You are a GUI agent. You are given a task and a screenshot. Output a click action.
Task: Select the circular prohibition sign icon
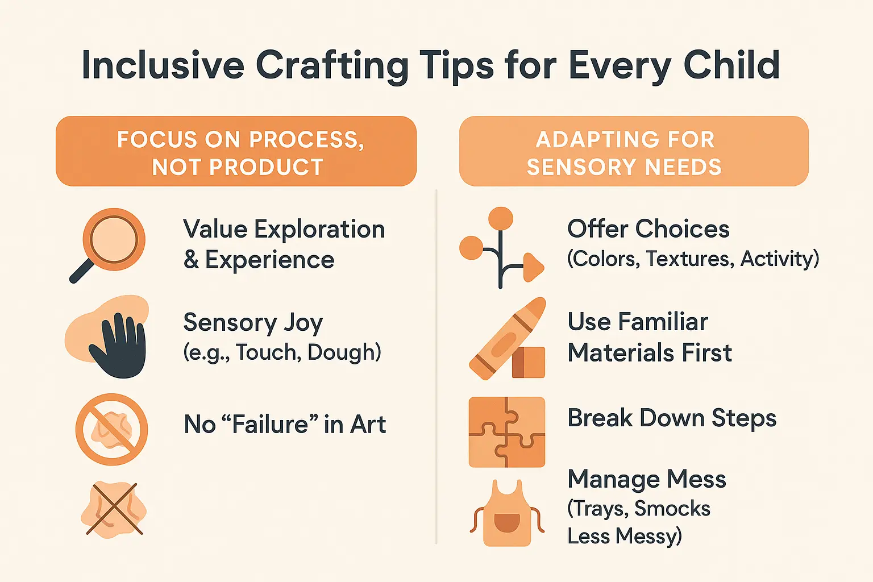[112, 430]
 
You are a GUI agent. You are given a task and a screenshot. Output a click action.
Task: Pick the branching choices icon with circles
[500, 248]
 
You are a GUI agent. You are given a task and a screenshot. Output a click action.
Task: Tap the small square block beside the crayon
[529, 363]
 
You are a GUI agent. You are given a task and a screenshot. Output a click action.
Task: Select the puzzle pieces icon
[507, 432]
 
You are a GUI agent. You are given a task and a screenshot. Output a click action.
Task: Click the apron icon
[507, 514]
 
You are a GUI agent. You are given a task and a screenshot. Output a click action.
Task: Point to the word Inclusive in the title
[163, 65]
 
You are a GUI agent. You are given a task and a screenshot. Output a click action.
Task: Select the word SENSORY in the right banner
[571, 167]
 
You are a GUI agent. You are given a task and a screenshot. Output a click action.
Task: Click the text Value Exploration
[284, 230]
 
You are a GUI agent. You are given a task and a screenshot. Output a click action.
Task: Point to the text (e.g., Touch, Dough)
[282, 352]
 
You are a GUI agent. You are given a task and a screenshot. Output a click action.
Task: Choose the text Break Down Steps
[672, 418]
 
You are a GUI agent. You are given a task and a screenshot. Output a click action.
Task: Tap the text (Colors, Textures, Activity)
[693, 259]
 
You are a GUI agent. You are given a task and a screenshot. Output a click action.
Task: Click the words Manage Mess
[647, 479]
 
